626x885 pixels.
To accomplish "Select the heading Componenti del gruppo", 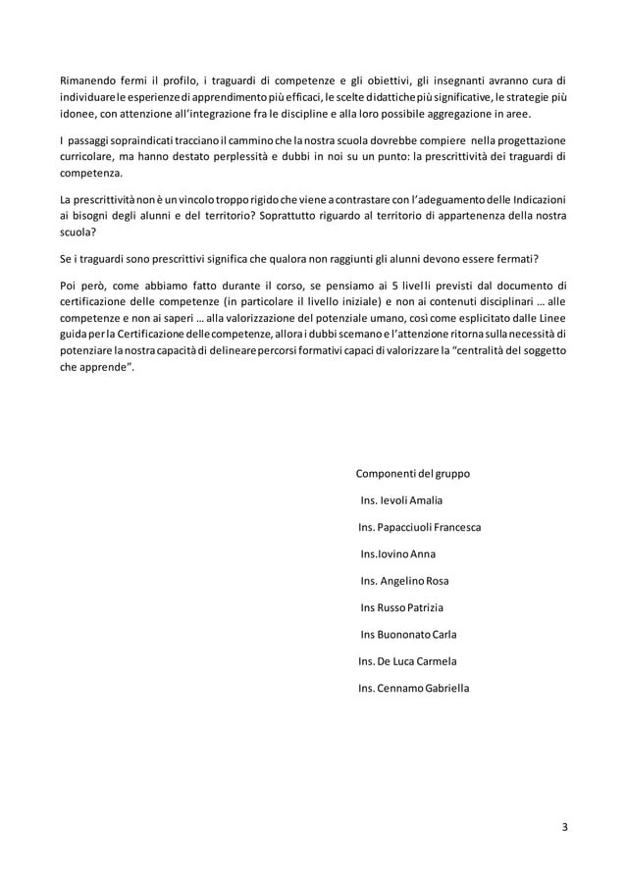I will click(x=412, y=474).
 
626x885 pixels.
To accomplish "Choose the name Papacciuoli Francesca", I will click(x=435, y=527).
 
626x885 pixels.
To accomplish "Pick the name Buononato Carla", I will click(x=424, y=634).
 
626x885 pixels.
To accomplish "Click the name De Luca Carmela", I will click(x=423, y=660).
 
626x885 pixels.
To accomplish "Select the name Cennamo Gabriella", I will click(x=430, y=688).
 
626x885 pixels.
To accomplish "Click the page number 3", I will click(x=564, y=825).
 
